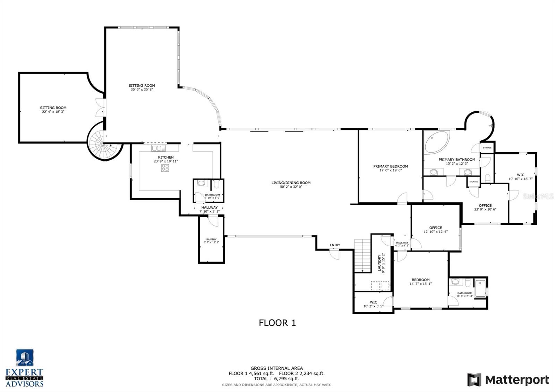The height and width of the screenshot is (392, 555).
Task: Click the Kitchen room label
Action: pyautogui.click(x=166, y=157)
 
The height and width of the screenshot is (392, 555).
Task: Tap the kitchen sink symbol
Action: pyautogui.click(x=159, y=148)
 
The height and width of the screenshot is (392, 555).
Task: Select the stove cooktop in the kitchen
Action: pyautogui.click(x=165, y=168)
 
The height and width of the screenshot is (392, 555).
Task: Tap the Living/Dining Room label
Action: pyautogui.click(x=291, y=183)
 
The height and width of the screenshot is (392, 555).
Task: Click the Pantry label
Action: pyautogui.click(x=211, y=239)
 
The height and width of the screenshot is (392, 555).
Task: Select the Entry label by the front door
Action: pyautogui.click(x=335, y=245)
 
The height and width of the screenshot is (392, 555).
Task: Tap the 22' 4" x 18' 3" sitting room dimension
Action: pyautogui.click(x=53, y=112)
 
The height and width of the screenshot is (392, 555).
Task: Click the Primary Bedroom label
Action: pyautogui.click(x=390, y=166)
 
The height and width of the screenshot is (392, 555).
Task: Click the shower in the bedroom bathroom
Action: pyautogui.click(x=480, y=288)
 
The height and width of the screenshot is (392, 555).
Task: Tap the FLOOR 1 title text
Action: pyautogui.click(x=277, y=323)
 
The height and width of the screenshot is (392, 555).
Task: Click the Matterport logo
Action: pyautogui.click(x=508, y=380)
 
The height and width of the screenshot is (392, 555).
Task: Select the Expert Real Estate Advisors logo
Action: pyautogui.click(x=25, y=368)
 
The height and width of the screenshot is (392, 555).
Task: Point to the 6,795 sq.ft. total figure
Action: pyautogui.click(x=287, y=379)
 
